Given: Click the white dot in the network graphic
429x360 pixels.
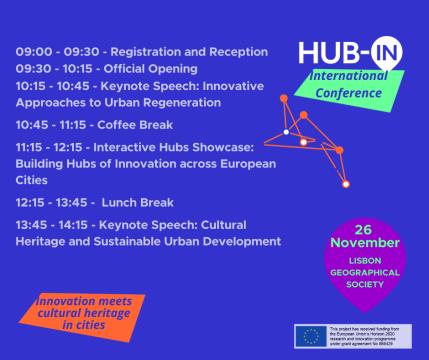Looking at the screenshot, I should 285,132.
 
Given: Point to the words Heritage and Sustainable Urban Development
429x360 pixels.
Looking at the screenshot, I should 148,241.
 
